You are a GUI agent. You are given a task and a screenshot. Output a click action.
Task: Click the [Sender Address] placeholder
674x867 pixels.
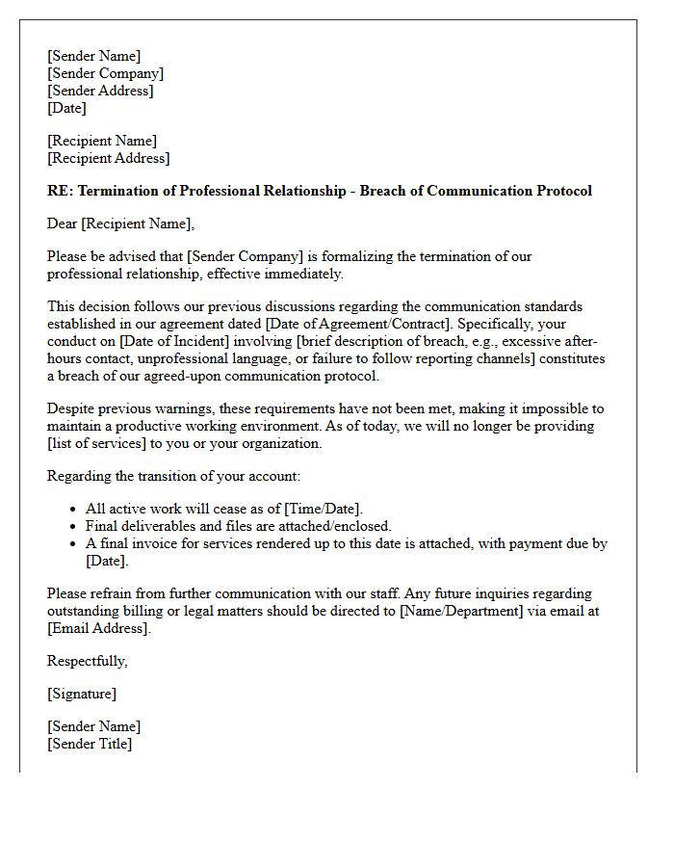pyautogui.click(x=100, y=91)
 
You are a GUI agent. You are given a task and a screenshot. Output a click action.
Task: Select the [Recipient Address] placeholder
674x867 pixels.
pyautogui.click(x=108, y=158)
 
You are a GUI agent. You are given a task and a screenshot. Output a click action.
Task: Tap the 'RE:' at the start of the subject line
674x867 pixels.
pyautogui.click(x=60, y=191)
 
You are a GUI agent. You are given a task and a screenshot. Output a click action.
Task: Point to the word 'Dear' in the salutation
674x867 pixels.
pyautogui.click(x=63, y=223)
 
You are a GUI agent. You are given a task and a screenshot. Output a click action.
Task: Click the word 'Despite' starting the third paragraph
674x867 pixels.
pyautogui.click(x=71, y=408)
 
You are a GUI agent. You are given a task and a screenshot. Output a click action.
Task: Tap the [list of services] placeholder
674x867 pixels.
pyautogui.click(x=101, y=443)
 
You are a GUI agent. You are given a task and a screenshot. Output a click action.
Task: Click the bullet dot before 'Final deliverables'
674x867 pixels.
pyautogui.click(x=74, y=527)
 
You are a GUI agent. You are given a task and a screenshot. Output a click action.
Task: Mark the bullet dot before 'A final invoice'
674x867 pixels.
pyautogui.click(x=74, y=544)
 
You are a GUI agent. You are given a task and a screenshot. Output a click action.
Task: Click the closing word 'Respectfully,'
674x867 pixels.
pyautogui.click(x=88, y=661)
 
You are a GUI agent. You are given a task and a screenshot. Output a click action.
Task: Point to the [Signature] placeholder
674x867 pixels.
pyautogui.click(x=82, y=694)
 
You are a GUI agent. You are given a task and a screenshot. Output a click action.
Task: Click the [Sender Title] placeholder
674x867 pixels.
pyautogui.click(x=90, y=744)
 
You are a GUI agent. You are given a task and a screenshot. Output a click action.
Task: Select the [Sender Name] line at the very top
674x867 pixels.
pyautogui.click(x=93, y=56)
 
